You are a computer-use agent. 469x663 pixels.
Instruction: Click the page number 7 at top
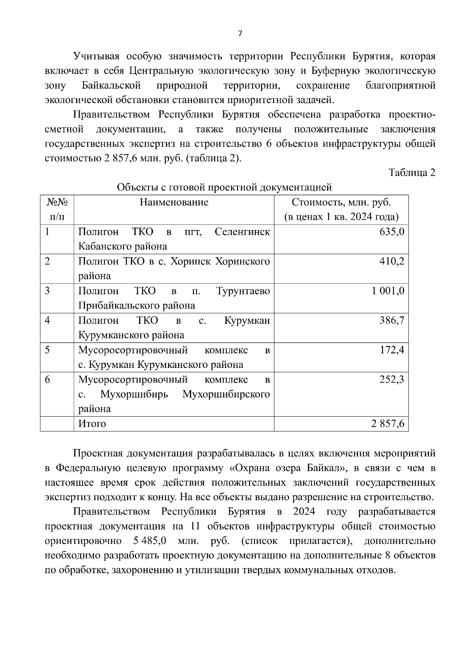[x=240, y=34]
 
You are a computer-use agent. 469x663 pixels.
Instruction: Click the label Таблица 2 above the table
[x=412, y=173]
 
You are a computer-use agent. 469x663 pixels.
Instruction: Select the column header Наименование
[x=174, y=202]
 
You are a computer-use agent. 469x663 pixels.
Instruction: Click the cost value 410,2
[x=392, y=261]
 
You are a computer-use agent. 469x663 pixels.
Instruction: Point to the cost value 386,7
[x=392, y=321]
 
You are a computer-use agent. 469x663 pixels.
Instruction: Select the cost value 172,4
[x=392, y=350]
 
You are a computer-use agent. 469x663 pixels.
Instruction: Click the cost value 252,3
[x=392, y=380]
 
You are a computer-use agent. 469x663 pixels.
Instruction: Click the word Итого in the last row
[x=92, y=424]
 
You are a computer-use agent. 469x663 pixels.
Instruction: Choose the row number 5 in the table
[x=47, y=350]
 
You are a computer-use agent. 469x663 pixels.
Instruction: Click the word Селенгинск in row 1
[x=242, y=232]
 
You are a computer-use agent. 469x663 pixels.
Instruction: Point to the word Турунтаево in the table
[x=243, y=291]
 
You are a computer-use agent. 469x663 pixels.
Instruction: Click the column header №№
[x=57, y=202]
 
